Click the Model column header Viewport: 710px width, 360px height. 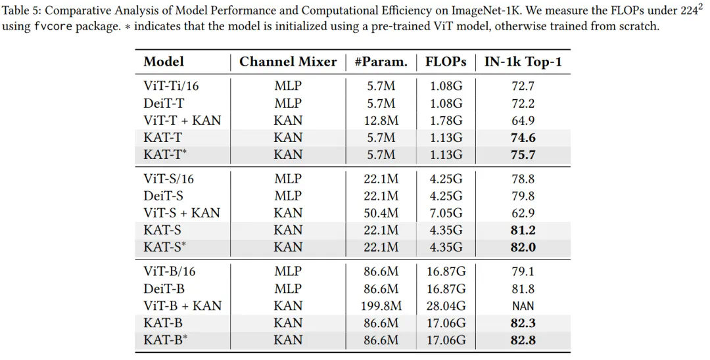164,62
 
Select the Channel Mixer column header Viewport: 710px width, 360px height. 287,62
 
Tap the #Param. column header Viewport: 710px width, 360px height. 381,62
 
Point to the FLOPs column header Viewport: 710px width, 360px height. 446,62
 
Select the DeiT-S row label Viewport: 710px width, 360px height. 164,196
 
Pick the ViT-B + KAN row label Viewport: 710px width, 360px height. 182,305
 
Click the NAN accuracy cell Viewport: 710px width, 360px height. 523,305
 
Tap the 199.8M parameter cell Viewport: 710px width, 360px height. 381,305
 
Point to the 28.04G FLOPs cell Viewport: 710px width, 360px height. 446,305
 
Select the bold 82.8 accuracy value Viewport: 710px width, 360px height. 523,340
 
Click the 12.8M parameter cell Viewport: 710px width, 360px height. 381,120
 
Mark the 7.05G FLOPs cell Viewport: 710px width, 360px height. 446,213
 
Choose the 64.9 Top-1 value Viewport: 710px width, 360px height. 523,120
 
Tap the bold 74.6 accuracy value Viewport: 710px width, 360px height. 523,137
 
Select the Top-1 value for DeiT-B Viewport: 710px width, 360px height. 523,288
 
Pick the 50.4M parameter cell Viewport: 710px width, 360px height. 381,213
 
